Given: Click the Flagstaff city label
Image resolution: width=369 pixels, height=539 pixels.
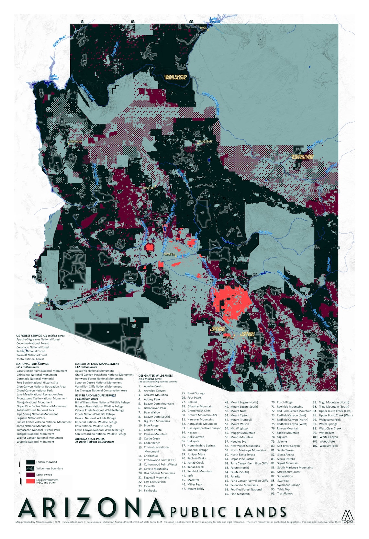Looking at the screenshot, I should pos(206,142).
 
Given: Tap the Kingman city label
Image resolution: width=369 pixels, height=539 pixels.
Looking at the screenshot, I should pos(75,142).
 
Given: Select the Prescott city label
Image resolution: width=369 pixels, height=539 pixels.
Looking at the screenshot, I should pos(148,188).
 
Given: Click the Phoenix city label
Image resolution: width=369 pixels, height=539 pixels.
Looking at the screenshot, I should pos(169,254).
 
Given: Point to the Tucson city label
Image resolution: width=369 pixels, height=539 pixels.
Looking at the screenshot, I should pos(228,337).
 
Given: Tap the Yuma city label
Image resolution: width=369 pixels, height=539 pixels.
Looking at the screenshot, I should pos(43,303).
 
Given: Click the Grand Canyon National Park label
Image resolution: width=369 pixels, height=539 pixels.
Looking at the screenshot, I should pos(175,77).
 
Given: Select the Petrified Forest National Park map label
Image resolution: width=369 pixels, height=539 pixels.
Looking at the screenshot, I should pos(303,157).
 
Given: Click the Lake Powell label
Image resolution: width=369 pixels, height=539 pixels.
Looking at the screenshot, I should pos(214,20).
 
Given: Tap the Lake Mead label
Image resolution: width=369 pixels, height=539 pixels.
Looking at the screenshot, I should pos(54,77).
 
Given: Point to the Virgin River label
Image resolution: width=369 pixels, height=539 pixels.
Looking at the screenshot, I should pos(60,41).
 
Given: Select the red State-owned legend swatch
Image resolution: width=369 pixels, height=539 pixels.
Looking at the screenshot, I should pos(30,475).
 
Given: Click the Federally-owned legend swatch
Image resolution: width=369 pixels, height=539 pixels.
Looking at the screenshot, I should pos(30,462).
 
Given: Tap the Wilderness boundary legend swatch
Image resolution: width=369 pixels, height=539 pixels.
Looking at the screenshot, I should pos(30,468).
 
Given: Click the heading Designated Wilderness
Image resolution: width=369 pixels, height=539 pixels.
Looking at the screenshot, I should pos(155,375).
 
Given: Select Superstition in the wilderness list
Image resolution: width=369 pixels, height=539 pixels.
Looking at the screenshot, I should pos(285,476).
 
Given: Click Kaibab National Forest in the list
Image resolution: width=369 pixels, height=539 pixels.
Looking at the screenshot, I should pos(31,351).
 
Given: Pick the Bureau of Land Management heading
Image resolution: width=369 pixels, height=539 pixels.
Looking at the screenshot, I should pos(97,364).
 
